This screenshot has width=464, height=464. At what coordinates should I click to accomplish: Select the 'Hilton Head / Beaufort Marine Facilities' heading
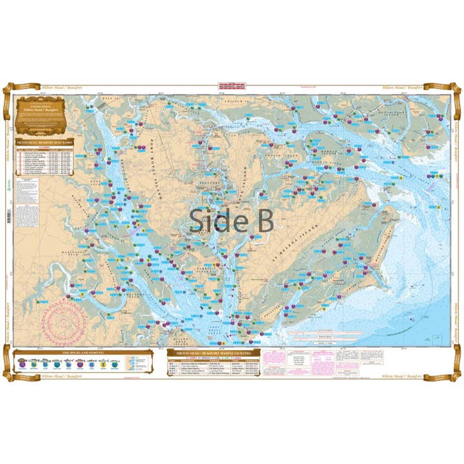(x=213, y=353)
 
